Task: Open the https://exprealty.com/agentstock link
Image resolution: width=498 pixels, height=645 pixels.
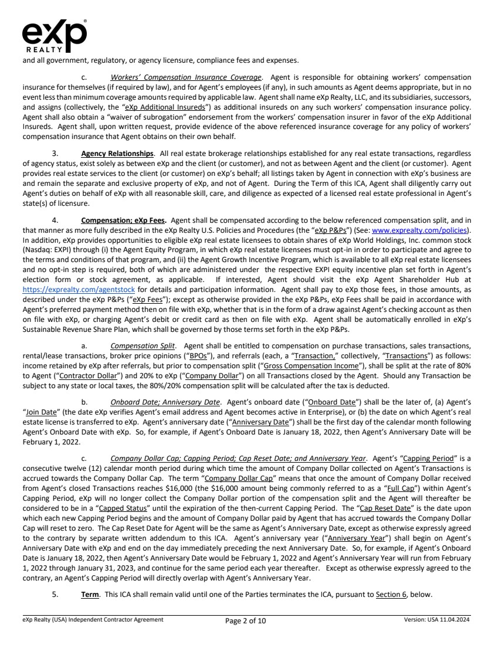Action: pos(79,273)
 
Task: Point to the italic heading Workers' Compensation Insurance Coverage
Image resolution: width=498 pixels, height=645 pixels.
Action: pos(186,77)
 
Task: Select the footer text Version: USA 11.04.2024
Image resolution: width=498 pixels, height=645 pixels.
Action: pos(437,619)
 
